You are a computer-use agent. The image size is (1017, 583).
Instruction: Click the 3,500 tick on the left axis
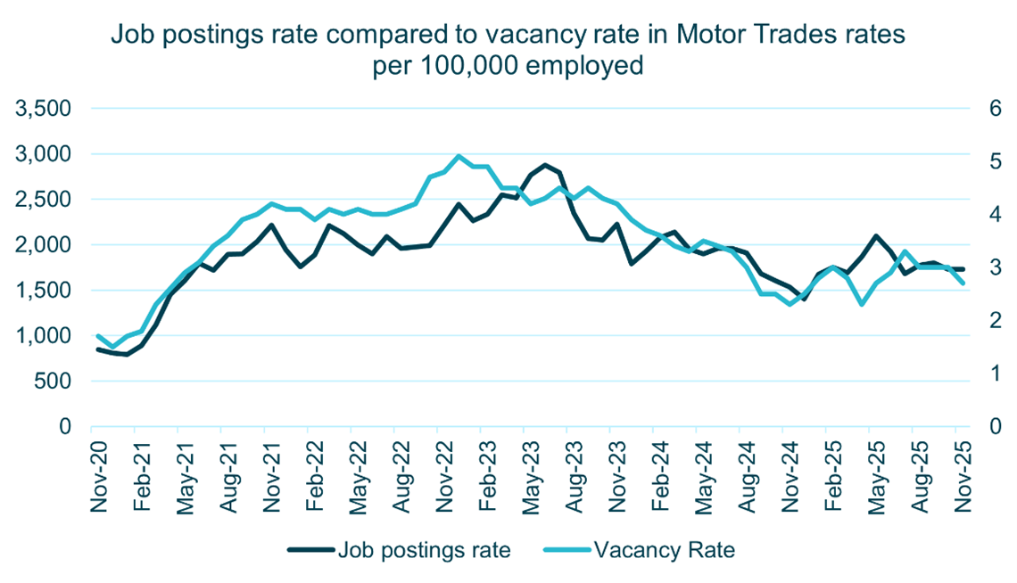tap(44, 109)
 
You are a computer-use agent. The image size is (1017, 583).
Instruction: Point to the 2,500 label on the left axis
tap(44, 200)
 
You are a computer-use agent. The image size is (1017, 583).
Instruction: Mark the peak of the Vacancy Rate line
tap(458, 156)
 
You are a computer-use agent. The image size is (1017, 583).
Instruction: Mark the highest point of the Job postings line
tap(545, 165)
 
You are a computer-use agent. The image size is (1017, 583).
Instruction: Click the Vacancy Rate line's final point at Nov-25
tap(963, 283)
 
